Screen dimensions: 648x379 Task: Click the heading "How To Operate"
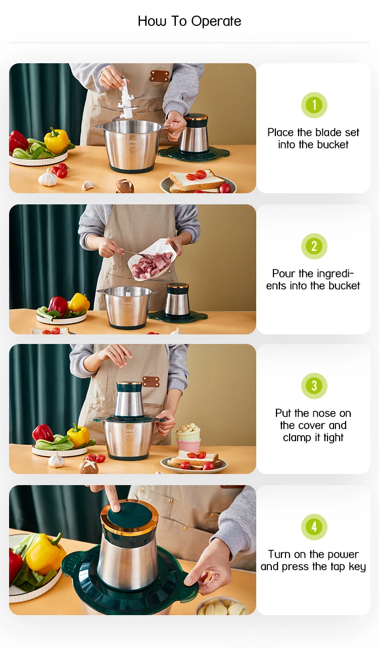click(x=189, y=21)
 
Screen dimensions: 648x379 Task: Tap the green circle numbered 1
click(x=314, y=105)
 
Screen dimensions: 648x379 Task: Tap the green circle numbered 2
click(x=314, y=246)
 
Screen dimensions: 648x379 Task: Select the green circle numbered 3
click(x=314, y=386)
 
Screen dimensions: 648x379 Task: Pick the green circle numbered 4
click(x=314, y=527)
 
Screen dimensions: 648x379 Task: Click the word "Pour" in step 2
click(x=283, y=274)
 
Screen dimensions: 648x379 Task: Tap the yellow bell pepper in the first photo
click(x=56, y=140)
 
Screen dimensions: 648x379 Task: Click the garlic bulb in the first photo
click(x=48, y=178)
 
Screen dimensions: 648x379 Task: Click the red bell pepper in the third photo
click(x=43, y=433)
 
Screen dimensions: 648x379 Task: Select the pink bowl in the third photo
click(x=188, y=445)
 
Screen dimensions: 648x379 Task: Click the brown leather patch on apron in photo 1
click(x=159, y=76)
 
